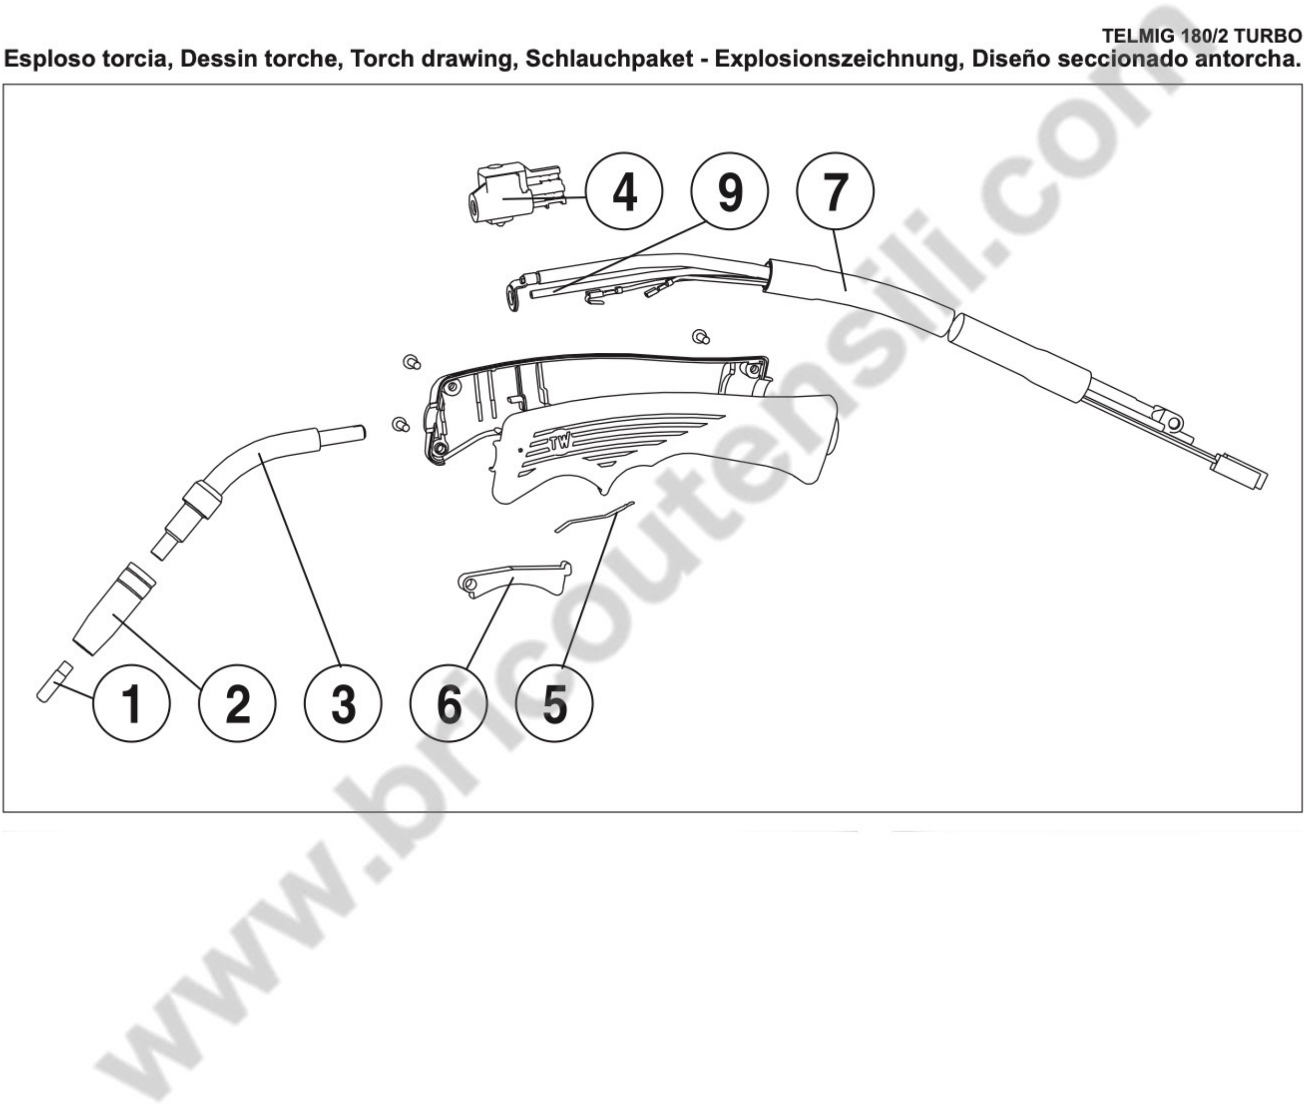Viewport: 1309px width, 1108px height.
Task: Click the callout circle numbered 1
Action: (131, 703)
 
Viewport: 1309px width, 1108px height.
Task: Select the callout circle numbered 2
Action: (237, 703)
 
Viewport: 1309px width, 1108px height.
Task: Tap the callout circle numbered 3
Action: (343, 703)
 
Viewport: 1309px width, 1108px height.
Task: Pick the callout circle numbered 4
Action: (624, 191)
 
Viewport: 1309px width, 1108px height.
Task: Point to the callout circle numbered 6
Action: (449, 703)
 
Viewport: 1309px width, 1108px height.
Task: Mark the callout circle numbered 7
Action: (835, 191)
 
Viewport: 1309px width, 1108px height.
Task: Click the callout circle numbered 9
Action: (730, 191)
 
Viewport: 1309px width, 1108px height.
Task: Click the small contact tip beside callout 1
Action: (54, 681)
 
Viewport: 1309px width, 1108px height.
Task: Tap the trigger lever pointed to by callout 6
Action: (515, 577)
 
